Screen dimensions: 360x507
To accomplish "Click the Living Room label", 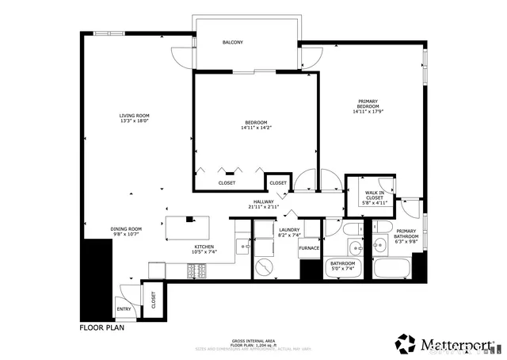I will point(135,116).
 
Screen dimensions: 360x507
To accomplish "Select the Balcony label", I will point(232,42).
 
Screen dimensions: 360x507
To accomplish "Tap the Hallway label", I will point(264,202).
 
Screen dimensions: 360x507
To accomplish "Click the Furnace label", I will point(309,248).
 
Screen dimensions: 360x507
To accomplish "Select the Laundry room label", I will point(288,229).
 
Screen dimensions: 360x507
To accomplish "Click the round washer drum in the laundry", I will point(261,266).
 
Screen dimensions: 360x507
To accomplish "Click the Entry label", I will point(124,309).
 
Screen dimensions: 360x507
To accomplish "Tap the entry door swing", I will point(121,291).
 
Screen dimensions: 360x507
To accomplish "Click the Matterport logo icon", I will point(406,343).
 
